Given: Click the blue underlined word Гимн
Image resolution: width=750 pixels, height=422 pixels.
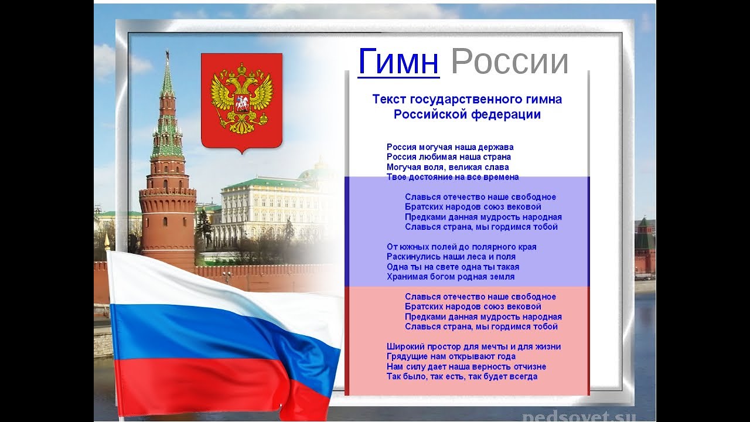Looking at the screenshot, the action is (398, 62).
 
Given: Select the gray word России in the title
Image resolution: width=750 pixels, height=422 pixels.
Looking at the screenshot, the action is (510, 62).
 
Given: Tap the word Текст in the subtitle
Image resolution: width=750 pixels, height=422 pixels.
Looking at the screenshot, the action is (390, 99).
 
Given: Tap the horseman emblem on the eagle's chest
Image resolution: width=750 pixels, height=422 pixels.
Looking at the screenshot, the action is (241, 103).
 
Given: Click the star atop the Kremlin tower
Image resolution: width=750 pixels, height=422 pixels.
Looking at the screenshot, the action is (167, 53).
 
